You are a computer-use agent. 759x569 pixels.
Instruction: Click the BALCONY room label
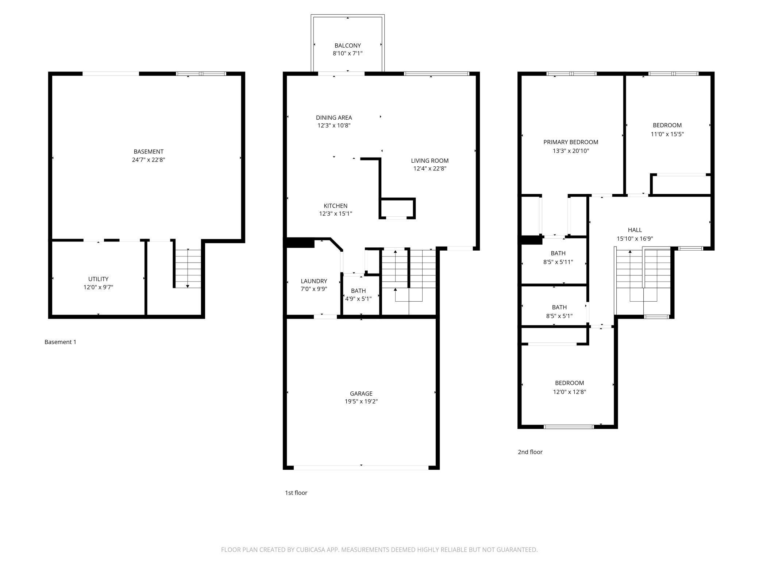[347, 46]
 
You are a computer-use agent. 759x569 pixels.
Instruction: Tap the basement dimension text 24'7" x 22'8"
[149, 160]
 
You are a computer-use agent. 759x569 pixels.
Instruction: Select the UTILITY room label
[98, 279]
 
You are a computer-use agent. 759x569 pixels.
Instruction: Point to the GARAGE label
[361, 394]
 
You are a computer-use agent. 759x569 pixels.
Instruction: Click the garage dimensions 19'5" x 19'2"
[361, 402]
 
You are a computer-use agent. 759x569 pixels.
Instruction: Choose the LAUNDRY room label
[314, 281]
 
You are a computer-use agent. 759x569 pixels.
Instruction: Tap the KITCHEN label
[336, 206]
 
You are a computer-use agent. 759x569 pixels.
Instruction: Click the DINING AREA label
[334, 117]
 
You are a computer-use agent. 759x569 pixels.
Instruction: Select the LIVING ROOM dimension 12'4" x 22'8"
[430, 169]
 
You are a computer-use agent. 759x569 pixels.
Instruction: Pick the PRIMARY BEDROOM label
[571, 142]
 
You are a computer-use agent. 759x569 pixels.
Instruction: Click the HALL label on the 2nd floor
[635, 230]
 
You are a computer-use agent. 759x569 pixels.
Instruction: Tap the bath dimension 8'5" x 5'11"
[558, 262]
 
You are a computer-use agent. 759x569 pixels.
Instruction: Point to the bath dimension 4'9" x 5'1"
[358, 299]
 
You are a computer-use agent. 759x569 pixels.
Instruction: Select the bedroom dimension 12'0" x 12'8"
[570, 392]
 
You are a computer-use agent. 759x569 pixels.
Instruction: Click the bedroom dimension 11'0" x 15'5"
[667, 134]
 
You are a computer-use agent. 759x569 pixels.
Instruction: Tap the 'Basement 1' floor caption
[61, 342]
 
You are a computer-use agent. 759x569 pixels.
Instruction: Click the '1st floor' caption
[296, 493]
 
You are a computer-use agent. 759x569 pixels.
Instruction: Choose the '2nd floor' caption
[530, 452]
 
